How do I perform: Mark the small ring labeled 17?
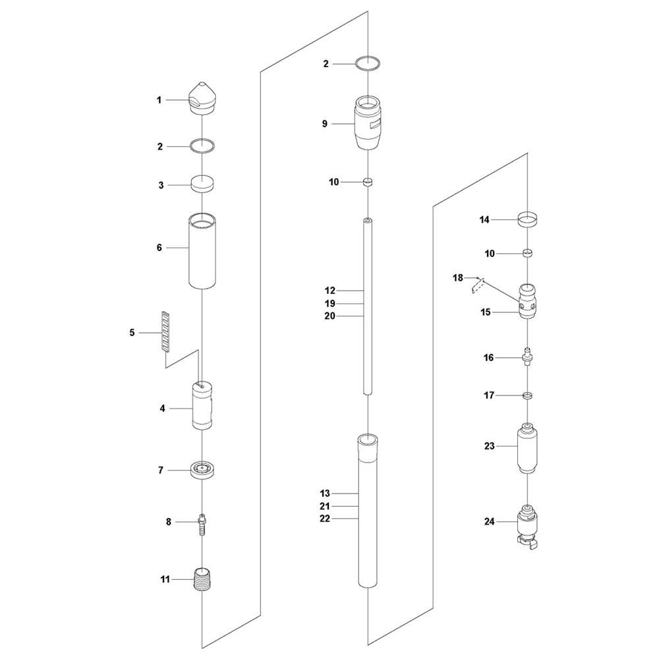[527, 395]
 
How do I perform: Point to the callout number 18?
[458, 277]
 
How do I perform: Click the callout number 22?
[325, 519]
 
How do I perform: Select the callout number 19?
[329, 303]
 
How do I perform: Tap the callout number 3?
[160, 185]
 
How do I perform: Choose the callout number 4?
[162, 409]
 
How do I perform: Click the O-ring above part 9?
[368, 64]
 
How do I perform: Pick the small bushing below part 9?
[368, 182]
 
